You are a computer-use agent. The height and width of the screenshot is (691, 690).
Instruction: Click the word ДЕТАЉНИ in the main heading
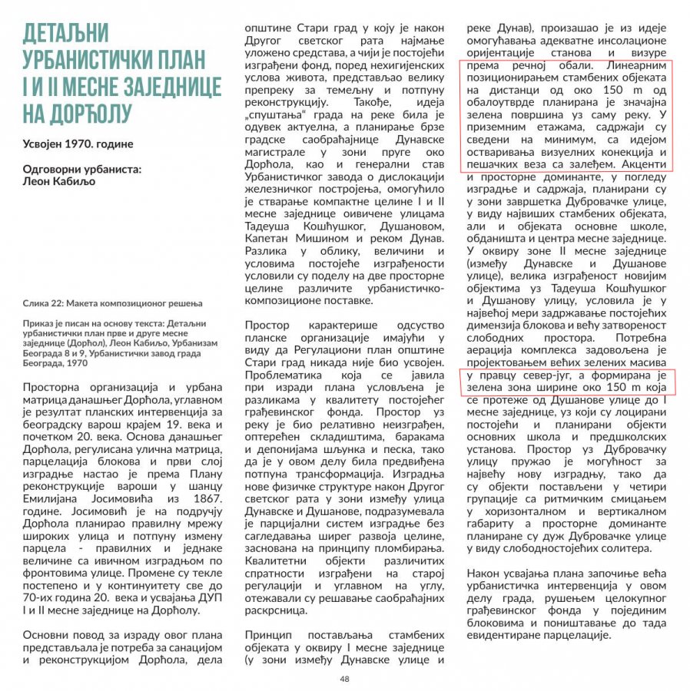(x=65, y=34)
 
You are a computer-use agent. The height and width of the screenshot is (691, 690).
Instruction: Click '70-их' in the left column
(x=40, y=598)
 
